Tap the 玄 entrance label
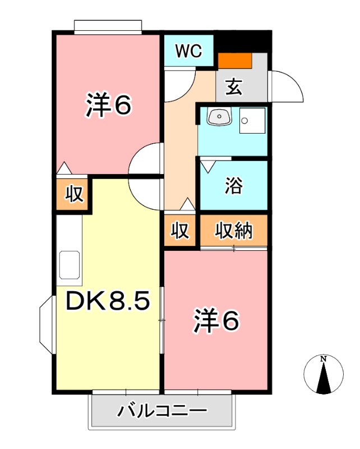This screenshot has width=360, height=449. pos(234,88)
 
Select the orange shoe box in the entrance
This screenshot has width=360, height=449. pos(235,60)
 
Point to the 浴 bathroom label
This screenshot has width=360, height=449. pos(234,186)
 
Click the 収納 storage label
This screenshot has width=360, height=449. pos(234,230)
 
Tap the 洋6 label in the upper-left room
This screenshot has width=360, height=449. pos(109,105)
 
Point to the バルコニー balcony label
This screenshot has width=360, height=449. pos(162,412)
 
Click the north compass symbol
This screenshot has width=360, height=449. pos(323,374)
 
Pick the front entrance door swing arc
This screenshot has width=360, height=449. pos(286,87)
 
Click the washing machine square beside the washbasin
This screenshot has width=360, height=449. pos(252,121)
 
